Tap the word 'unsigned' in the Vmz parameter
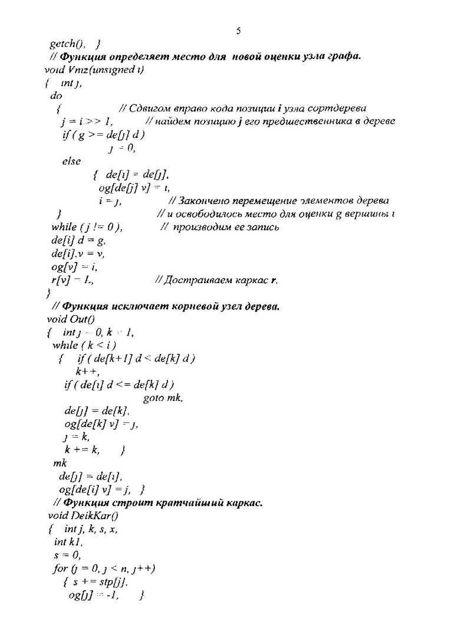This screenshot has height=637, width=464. click(108, 70)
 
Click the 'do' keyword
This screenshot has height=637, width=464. click(57, 96)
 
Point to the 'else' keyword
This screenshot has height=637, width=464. click(71, 161)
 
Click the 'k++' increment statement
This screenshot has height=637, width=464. click(86, 372)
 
